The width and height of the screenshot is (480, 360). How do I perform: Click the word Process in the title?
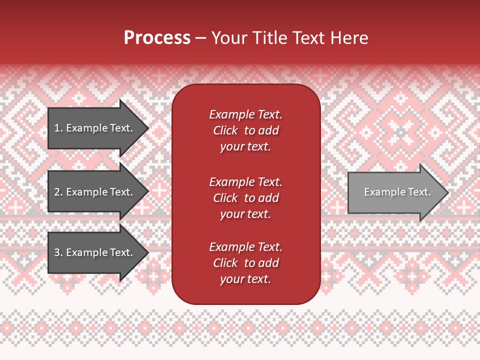(157, 38)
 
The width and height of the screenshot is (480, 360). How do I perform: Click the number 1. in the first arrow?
(58, 128)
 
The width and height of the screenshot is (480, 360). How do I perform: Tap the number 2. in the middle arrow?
(58, 192)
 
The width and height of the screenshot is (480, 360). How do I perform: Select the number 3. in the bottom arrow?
(58, 252)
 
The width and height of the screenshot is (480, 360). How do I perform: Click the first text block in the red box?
(245, 130)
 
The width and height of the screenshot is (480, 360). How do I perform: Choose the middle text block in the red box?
(245, 198)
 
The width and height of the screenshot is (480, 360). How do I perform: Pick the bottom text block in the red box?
(245, 263)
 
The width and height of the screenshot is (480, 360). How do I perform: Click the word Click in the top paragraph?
(225, 130)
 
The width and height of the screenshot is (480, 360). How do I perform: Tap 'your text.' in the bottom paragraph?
(245, 279)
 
